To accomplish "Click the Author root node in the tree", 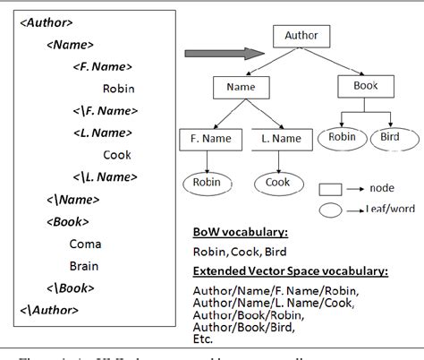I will pos(301,37).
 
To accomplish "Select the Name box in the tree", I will pos(240,88).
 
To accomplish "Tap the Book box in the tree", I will pos(365,87).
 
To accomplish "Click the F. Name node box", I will pos(207,139).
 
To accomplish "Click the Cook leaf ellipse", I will pos(278,184).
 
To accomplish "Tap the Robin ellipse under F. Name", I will pos(207,184).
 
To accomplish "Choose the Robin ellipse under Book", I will pos(343,138).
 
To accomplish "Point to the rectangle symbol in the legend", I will pos(332,190).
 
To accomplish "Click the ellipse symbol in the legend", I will pos(332,210).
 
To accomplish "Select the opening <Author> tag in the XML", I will pos(47,21).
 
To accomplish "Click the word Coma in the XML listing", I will pos(85,244).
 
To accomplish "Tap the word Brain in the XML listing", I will pos(85,265).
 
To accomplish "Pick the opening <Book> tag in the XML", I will pos(65,221).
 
